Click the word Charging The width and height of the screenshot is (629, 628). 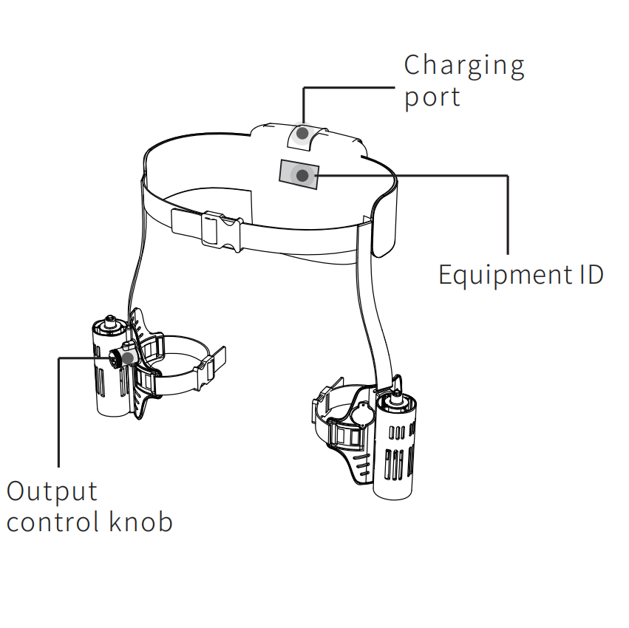tap(464, 66)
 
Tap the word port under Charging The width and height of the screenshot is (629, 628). tap(432, 98)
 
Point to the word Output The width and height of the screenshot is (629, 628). tap(52, 491)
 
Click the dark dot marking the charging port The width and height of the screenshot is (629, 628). tap(302, 134)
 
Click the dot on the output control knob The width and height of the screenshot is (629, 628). tap(128, 358)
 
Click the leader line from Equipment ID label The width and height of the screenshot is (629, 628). tap(508, 214)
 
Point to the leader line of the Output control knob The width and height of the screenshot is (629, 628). tap(58, 414)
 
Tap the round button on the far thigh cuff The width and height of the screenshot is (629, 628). tap(363, 414)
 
